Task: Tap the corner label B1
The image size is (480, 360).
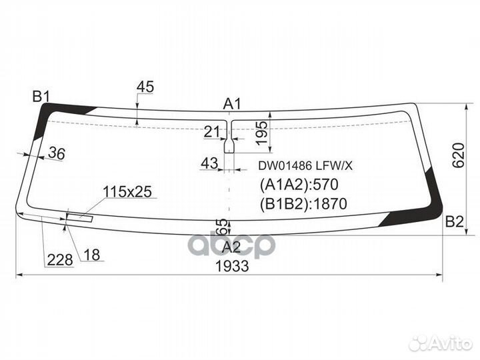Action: pos(41,97)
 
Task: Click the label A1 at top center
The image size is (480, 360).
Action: pos(232,103)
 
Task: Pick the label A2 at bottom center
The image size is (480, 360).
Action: pos(231,247)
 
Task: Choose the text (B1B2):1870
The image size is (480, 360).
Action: pos(301,204)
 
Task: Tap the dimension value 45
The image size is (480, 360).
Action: pos(145,86)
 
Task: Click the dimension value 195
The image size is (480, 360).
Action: pos(263,131)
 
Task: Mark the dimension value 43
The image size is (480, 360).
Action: pos(209,163)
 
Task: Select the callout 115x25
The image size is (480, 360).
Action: pos(127,192)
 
